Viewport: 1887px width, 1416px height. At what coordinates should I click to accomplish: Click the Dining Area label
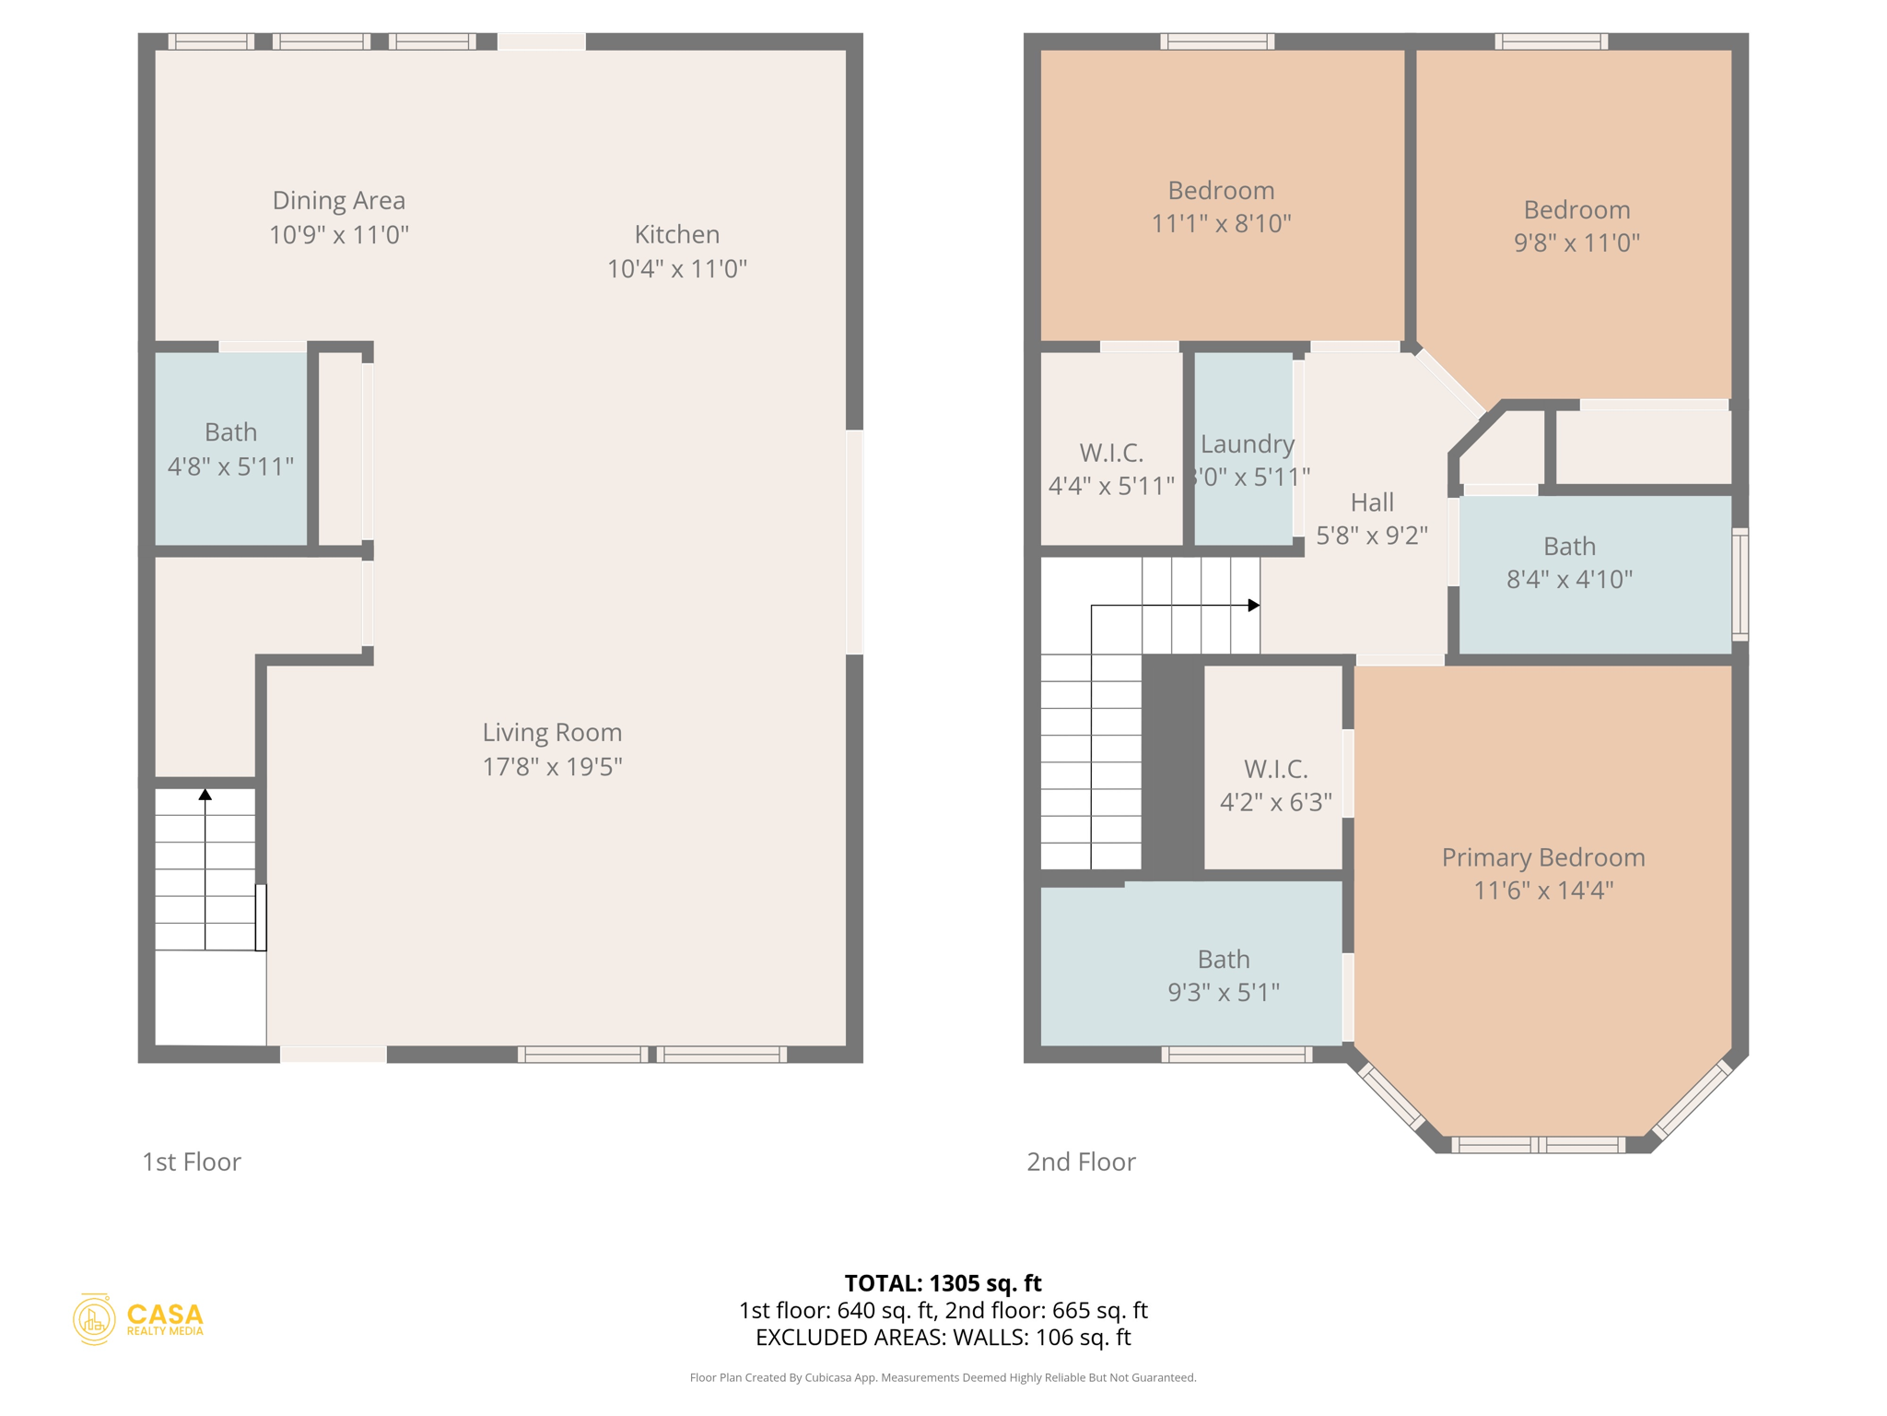[x=338, y=201]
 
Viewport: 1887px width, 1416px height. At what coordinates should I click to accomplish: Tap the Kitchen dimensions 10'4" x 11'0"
[x=676, y=269]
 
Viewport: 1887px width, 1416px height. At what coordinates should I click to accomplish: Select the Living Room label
[x=552, y=733]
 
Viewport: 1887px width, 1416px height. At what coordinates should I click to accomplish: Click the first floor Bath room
[x=230, y=449]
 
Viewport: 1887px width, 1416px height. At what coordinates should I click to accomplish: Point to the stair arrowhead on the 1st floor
[x=205, y=794]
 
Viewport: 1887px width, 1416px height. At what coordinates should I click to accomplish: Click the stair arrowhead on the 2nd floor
[x=1253, y=606]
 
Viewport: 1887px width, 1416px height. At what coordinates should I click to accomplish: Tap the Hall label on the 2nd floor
[x=1371, y=502]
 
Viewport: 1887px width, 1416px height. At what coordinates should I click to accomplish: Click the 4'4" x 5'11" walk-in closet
[x=1111, y=468]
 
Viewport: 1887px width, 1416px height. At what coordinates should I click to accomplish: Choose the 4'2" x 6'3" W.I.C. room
[x=1275, y=785]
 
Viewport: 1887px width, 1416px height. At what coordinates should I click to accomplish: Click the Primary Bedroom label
[x=1542, y=857]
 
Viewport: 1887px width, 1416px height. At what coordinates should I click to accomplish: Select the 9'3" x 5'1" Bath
[x=1223, y=975]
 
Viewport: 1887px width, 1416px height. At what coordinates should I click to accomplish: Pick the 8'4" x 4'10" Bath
[x=1569, y=562]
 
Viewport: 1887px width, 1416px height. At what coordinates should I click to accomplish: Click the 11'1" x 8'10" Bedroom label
[x=1221, y=191]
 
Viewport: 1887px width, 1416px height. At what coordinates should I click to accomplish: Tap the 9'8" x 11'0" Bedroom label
[x=1576, y=210]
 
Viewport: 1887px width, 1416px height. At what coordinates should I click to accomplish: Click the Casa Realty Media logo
[x=138, y=1319]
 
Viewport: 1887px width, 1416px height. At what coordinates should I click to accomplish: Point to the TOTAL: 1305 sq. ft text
[x=943, y=1282]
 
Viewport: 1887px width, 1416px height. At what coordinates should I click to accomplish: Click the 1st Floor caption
[x=192, y=1162]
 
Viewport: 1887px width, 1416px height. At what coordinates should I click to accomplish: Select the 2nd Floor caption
[x=1081, y=1162]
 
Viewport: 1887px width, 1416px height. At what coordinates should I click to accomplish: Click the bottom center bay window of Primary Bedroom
[x=1538, y=1145]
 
